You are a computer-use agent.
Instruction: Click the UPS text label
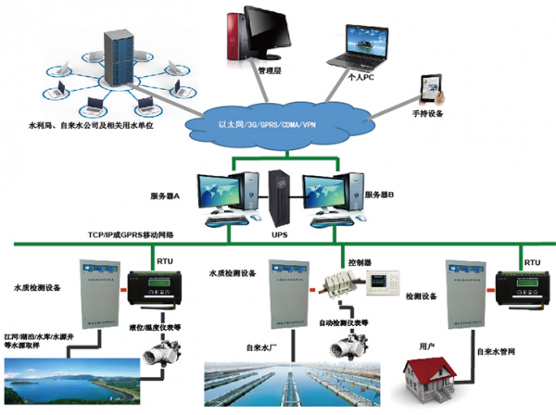point(280,236)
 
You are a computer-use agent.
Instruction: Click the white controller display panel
point(385,284)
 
